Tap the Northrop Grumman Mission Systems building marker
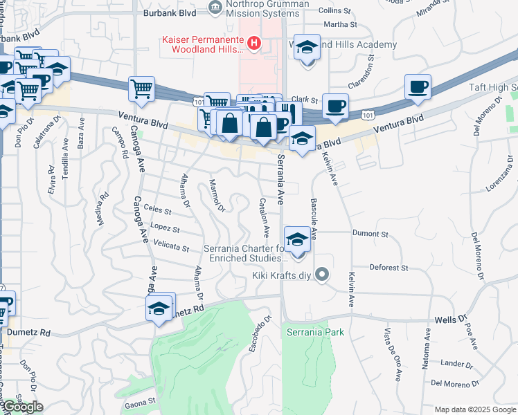pos(215,8)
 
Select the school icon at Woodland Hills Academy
pos(307,49)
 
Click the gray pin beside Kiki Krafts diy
pos(321,275)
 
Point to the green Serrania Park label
pos(315,332)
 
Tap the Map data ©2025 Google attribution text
pos(474,409)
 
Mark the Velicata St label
pos(172,246)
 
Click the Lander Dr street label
pos(456,364)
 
